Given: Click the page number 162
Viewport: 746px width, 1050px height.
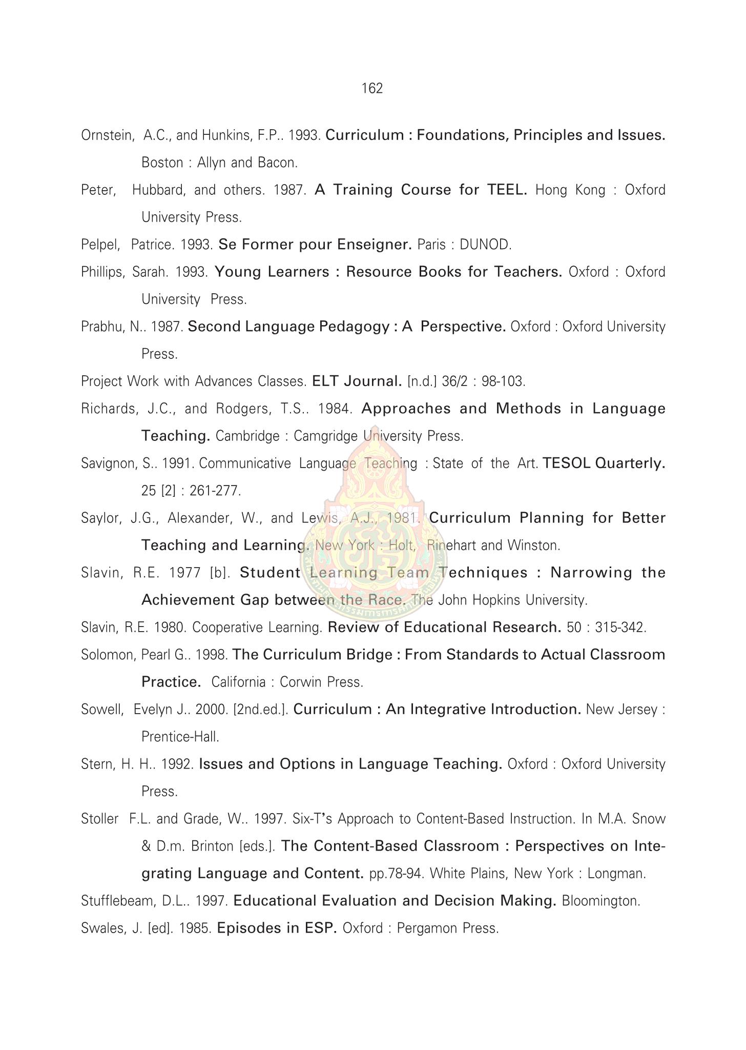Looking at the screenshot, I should pyautogui.click(x=372, y=89).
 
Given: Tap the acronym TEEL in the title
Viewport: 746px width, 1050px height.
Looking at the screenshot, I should pyautogui.click(x=506, y=190).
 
